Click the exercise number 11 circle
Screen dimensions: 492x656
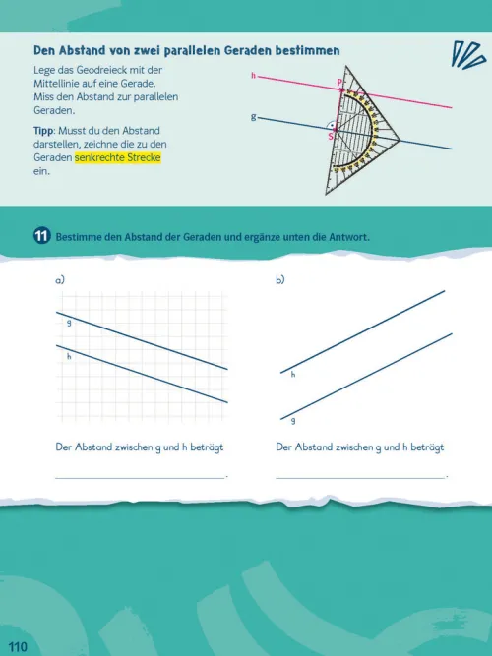[41, 236]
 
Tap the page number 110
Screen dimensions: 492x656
[17, 647]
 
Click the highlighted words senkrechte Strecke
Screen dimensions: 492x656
[118, 157]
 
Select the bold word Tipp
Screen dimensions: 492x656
[43, 131]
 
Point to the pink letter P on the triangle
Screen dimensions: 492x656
[339, 83]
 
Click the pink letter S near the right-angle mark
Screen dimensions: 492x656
[331, 137]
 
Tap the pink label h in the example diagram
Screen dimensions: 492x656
[253, 76]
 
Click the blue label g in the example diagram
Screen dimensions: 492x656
[253, 117]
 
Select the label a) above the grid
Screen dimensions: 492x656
[60, 280]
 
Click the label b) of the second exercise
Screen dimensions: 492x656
[280, 280]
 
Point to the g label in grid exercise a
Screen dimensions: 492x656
[69, 323]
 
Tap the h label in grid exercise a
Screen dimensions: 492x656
[69, 356]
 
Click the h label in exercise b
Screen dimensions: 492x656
[293, 374]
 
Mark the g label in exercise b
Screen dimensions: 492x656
[293, 421]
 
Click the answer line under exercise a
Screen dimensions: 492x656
[141, 477]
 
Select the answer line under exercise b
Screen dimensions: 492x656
[360, 477]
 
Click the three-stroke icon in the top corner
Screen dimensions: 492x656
[468, 55]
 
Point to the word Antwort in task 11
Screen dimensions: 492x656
[348, 237]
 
